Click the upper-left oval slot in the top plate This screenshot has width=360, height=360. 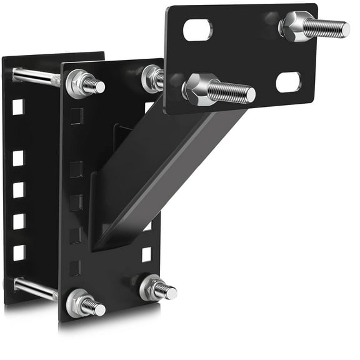(x=197, y=29)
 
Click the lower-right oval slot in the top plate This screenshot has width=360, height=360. (x=288, y=81)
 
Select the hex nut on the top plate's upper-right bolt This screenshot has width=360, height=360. (x=292, y=26)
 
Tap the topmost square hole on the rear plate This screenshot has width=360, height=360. (x=18, y=107)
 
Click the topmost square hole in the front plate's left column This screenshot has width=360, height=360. (x=76, y=116)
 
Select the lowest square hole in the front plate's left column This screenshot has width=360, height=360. (x=74, y=268)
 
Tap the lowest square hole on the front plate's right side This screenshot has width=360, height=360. (x=146, y=254)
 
